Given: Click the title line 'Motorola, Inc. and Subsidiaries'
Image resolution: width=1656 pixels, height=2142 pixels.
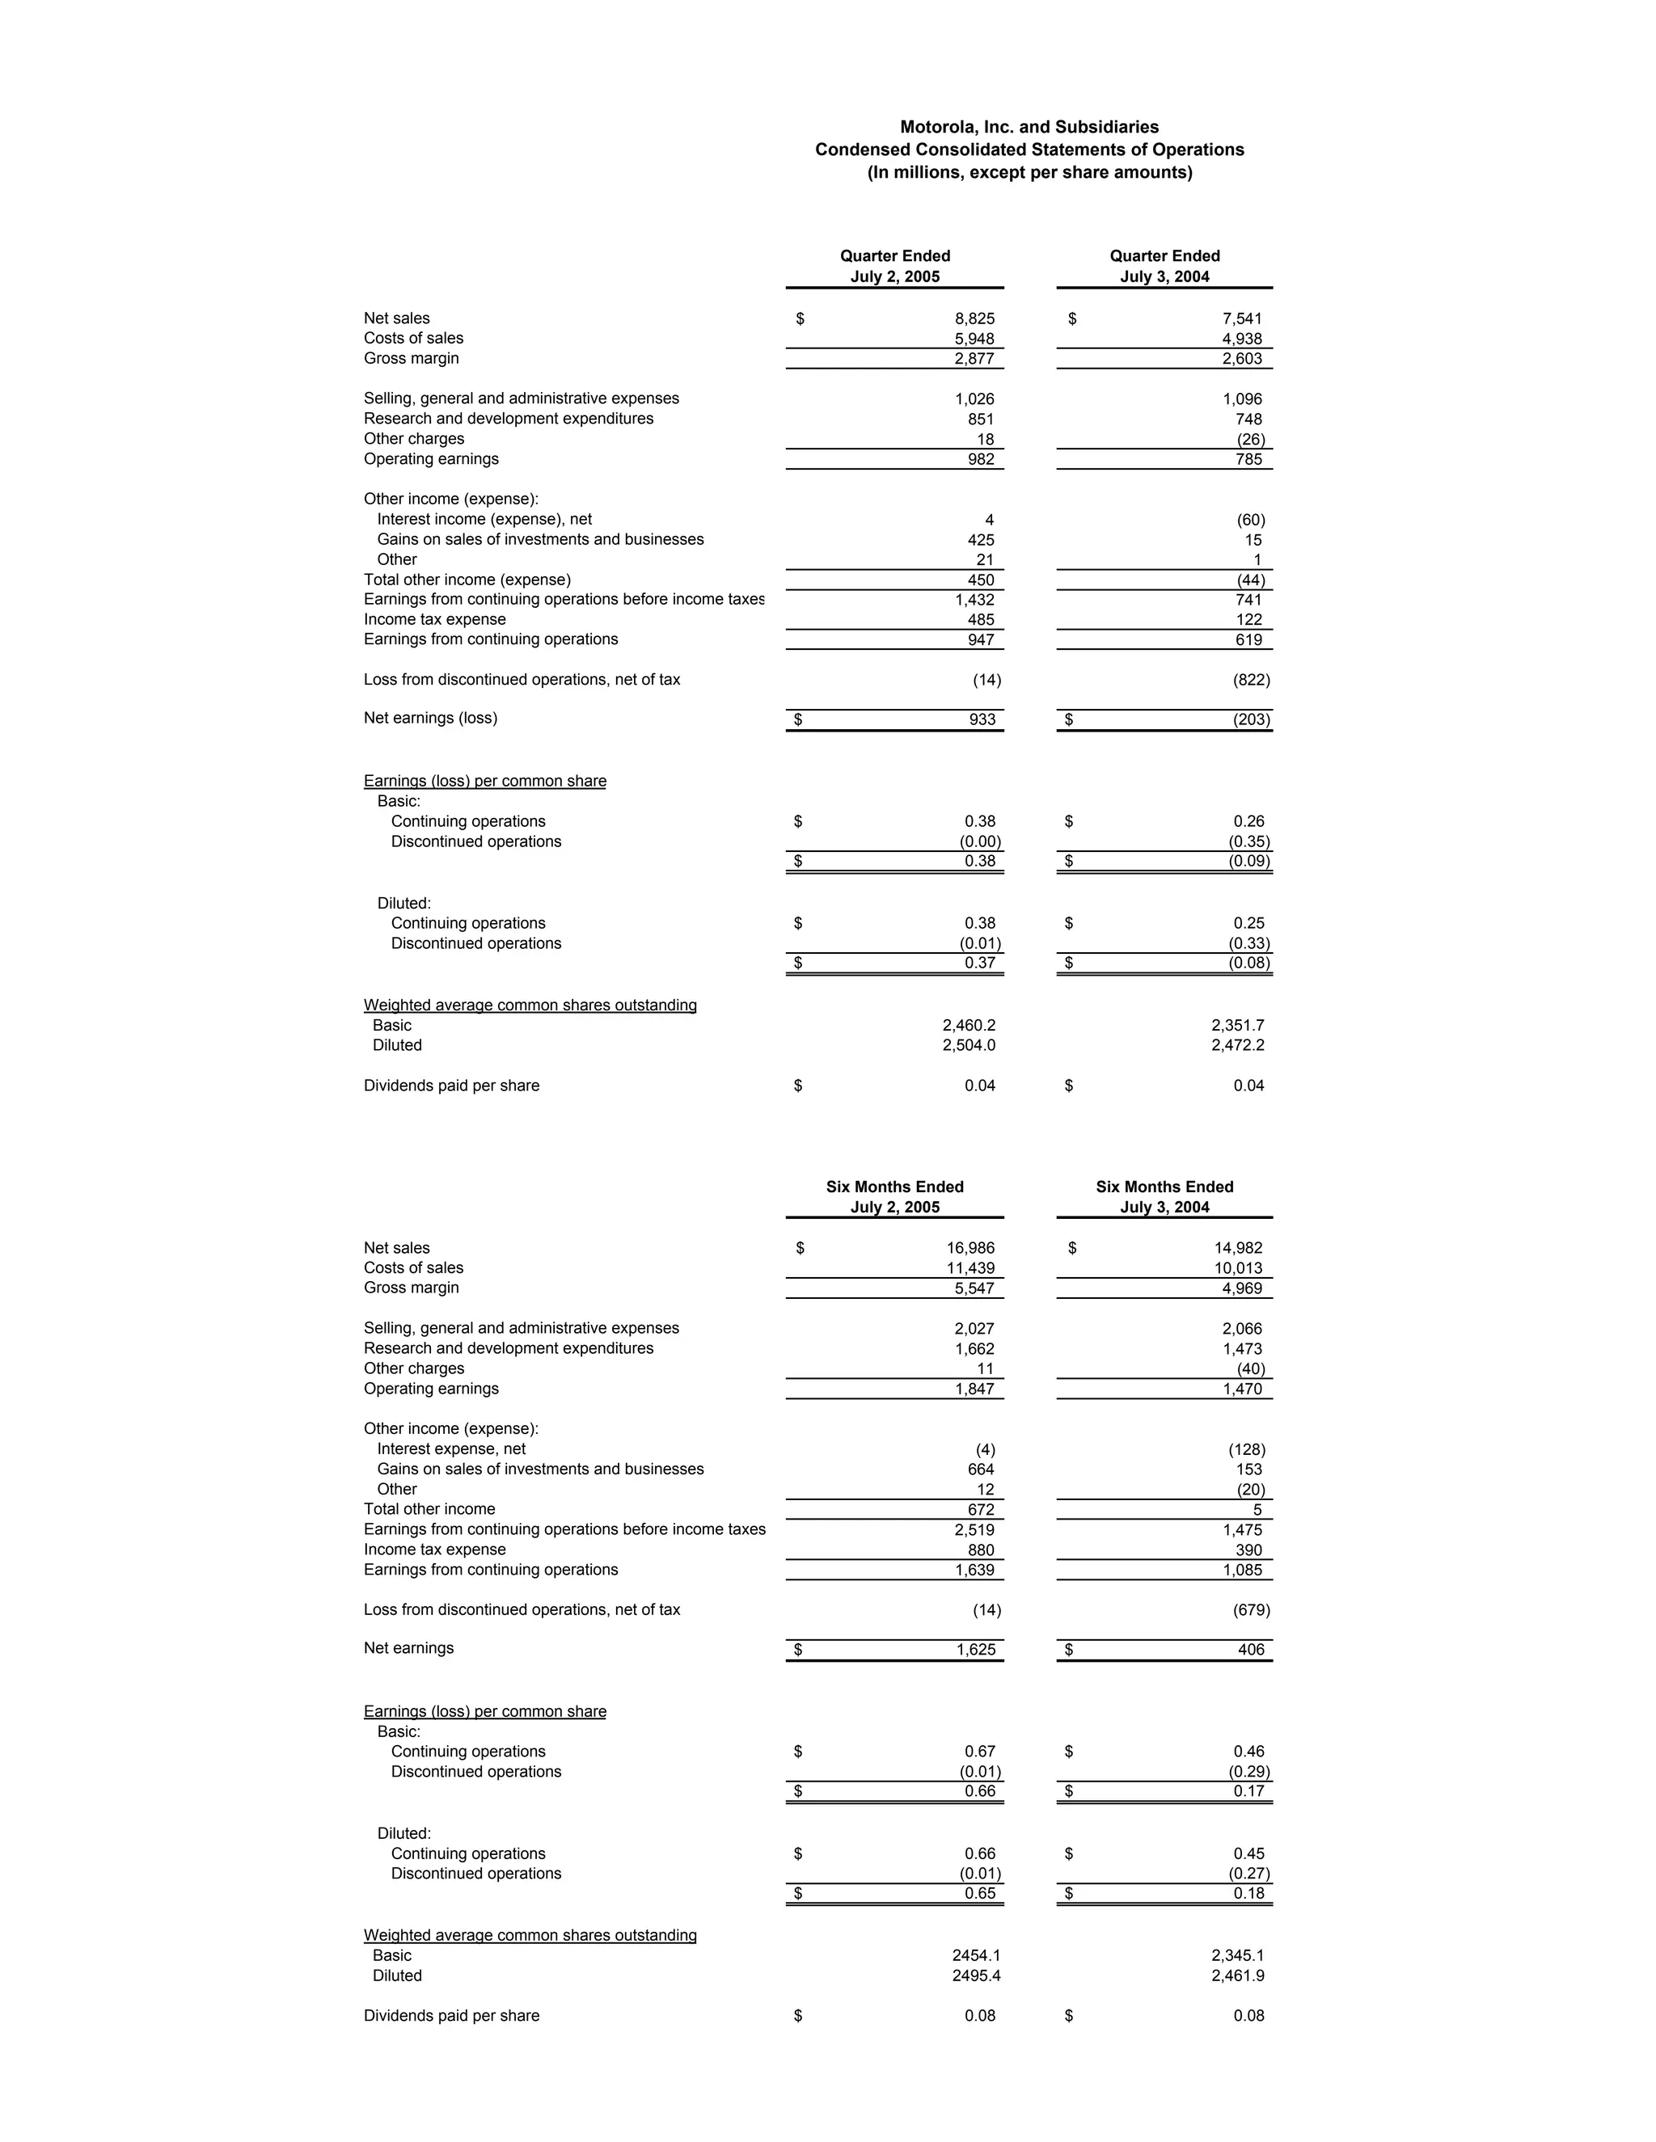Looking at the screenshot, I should (1029, 127).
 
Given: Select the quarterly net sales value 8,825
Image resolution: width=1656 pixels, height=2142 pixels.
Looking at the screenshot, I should (974, 318).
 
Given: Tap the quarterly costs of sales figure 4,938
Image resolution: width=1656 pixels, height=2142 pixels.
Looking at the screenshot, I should (1242, 339).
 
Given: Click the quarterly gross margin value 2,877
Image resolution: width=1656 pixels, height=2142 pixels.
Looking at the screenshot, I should (974, 359).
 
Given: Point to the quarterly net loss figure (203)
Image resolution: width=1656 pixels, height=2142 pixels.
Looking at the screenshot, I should (1251, 720).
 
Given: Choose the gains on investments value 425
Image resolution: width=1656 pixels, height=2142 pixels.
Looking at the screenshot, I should (980, 539).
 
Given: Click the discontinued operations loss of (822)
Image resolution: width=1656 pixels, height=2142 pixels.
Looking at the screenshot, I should (1251, 680).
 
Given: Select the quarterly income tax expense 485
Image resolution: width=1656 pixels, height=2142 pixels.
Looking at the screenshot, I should (980, 620).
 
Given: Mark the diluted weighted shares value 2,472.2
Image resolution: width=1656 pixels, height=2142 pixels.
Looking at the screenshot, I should (1237, 1045).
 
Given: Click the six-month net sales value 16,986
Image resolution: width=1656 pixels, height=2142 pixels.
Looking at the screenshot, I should (970, 1247).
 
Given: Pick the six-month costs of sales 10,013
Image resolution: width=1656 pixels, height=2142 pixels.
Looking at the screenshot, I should (1238, 1268).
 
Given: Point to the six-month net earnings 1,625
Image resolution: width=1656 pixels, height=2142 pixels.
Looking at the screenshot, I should (975, 1650).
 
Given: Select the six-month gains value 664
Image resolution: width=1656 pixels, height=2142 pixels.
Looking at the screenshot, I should (980, 1469).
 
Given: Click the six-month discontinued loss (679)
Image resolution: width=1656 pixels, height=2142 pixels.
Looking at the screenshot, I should (1251, 1609).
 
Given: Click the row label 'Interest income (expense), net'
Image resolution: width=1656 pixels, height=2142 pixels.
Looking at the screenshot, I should (484, 519).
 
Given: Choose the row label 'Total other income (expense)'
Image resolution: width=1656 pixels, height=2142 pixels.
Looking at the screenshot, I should (467, 580).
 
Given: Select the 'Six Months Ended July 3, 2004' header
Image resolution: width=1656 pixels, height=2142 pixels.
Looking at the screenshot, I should (1164, 1196).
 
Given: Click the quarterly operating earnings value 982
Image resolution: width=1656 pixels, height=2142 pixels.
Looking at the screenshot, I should (980, 459).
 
